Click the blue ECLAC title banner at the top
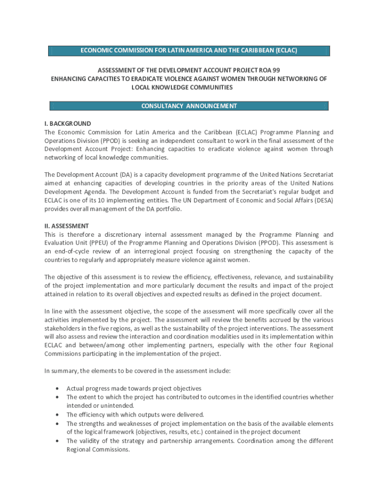(189, 51)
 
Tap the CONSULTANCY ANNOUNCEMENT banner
(189, 106)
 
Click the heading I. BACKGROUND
(68, 124)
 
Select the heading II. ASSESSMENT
(67, 226)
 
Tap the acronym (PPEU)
(109, 243)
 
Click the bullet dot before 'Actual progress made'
(58, 389)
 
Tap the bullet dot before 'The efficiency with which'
(58, 415)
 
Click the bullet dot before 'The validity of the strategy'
(58, 441)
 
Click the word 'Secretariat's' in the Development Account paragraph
(243, 192)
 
